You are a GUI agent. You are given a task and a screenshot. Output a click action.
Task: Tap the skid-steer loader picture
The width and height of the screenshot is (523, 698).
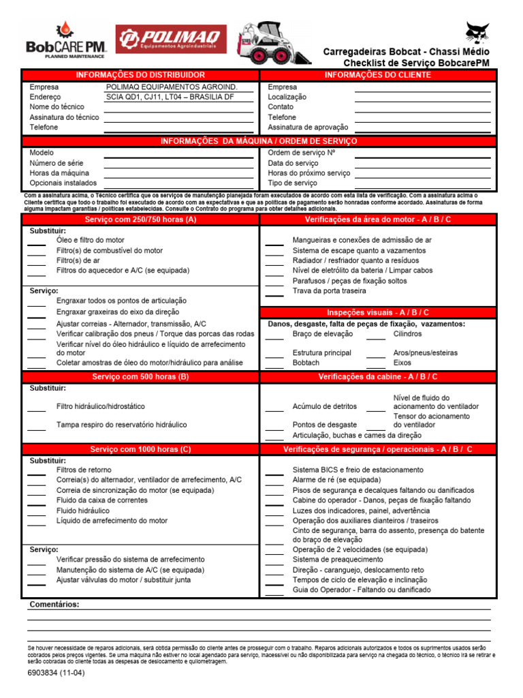[270, 42]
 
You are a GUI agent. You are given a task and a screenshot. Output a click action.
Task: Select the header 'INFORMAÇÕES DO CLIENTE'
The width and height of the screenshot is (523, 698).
[377, 75]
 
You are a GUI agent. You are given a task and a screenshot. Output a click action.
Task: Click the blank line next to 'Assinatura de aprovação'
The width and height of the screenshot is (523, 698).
[422, 127]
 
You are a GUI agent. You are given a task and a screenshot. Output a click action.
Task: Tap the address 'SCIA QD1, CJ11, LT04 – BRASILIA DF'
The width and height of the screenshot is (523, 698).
[170, 97]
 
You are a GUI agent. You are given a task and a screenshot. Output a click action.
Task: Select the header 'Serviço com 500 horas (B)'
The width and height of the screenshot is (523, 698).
[140, 377]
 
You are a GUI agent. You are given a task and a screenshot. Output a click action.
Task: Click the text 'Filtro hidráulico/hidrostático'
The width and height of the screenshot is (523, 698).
[100, 406]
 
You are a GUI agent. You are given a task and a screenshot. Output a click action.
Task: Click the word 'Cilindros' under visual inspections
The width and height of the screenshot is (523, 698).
[407, 334]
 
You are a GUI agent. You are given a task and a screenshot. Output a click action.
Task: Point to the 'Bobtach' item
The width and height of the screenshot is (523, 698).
[306, 363]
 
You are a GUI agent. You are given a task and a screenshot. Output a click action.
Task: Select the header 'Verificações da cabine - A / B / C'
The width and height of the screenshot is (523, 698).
[377, 377]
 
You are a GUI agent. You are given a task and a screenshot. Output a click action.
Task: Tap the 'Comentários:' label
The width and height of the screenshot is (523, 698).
[54, 604]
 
